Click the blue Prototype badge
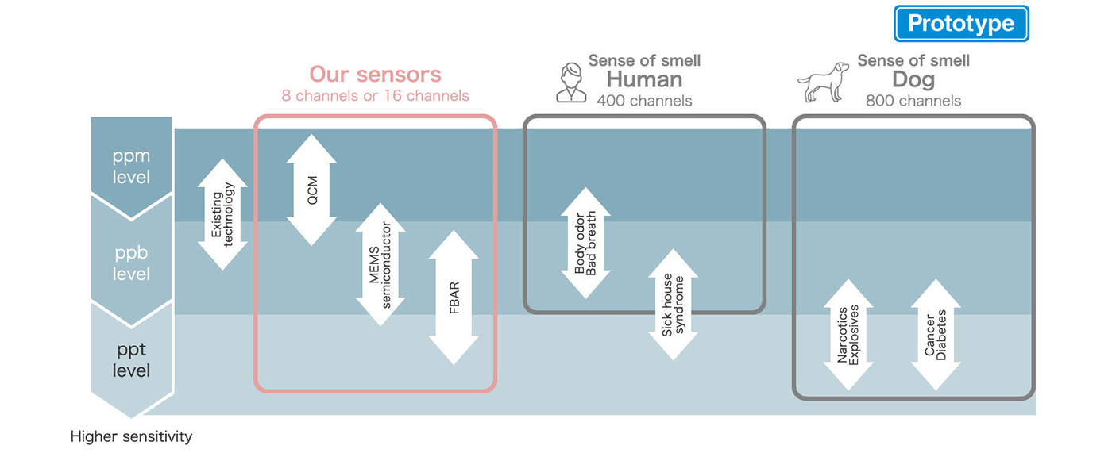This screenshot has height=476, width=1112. pyautogui.click(x=961, y=24)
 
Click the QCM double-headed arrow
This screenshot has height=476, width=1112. pyautogui.click(x=312, y=190)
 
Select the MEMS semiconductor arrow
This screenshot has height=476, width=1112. pyautogui.click(x=380, y=264)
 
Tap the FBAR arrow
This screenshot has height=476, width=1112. pyautogui.click(x=454, y=298)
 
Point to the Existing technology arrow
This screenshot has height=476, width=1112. pyautogui.click(x=222, y=214)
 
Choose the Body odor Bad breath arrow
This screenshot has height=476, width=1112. pyautogui.click(x=585, y=244)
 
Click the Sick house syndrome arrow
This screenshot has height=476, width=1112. pyautogui.click(x=673, y=305)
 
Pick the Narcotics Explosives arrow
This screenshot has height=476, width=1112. pyautogui.click(x=848, y=335)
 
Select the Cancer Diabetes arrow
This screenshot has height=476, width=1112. pyautogui.click(x=936, y=335)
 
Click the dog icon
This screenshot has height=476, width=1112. pyautogui.click(x=823, y=82)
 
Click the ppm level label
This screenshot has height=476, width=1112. pyautogui.click(x=132, y=167)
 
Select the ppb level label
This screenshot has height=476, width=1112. pyautogui.click(x=132, y=263)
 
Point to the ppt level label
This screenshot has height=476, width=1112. pyautogui.click(x=132, y=360)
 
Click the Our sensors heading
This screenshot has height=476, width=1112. pyautogui.click(x=375, y=75)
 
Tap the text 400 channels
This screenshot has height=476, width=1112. pyautogui.click(x=644, y=101)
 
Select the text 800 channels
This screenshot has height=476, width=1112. pyautogui.click(x=913, y=101)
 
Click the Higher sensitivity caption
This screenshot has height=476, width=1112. pyautogui.click(x=131, y=437)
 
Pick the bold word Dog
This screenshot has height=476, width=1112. pyautogui.click(x=913, y=80)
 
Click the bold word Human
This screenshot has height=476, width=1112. pyautogui.click(x=644, y=80)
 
